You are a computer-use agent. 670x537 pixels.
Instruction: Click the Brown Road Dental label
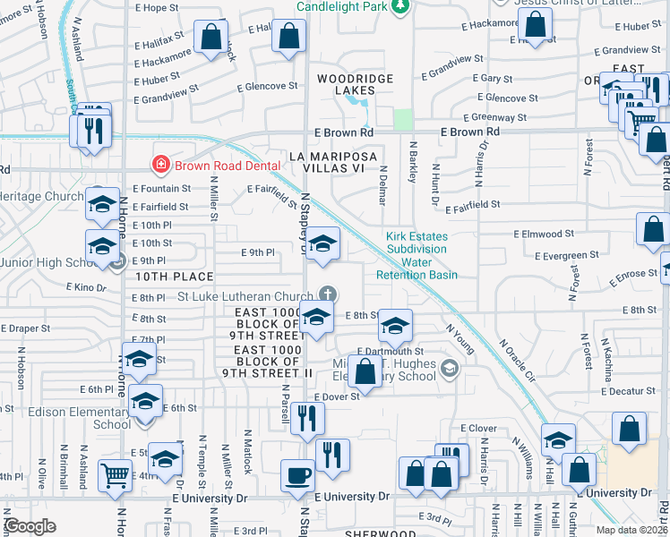coord(218,165)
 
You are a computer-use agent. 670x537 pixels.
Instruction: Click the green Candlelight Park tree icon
coord(400,7)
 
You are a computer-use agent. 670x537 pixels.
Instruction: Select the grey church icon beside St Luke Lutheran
coord(329,294)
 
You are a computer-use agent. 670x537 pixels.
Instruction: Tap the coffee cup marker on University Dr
coord(297,474)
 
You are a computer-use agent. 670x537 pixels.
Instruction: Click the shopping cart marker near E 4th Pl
coord(116,475)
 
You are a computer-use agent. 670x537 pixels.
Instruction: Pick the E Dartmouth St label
coord(390,352)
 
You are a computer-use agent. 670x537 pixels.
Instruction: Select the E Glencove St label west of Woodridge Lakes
coord(267,87)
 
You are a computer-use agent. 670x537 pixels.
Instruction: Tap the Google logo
coord(30,526)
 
